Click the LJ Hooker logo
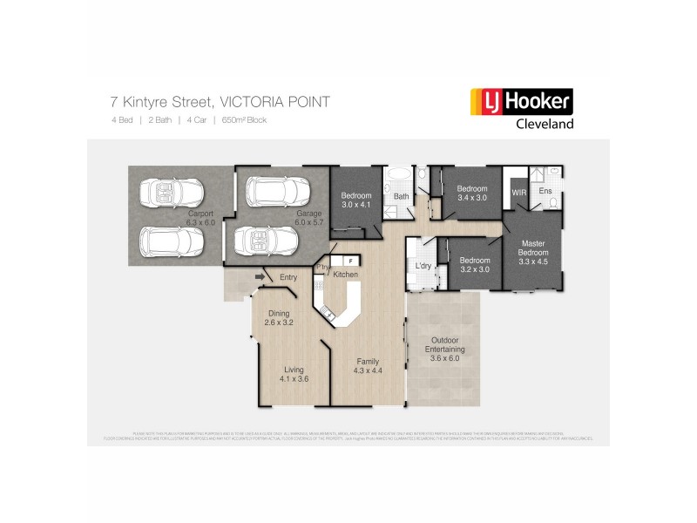521,102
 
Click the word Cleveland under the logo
541,124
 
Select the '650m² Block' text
244,120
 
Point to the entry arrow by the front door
259,277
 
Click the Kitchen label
346,275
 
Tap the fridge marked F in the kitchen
350,260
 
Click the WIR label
519,191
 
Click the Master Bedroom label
533,251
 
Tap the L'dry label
423,265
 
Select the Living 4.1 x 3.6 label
294,374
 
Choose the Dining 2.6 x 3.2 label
279,318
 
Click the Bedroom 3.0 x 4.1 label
356,200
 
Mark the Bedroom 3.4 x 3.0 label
472,194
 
